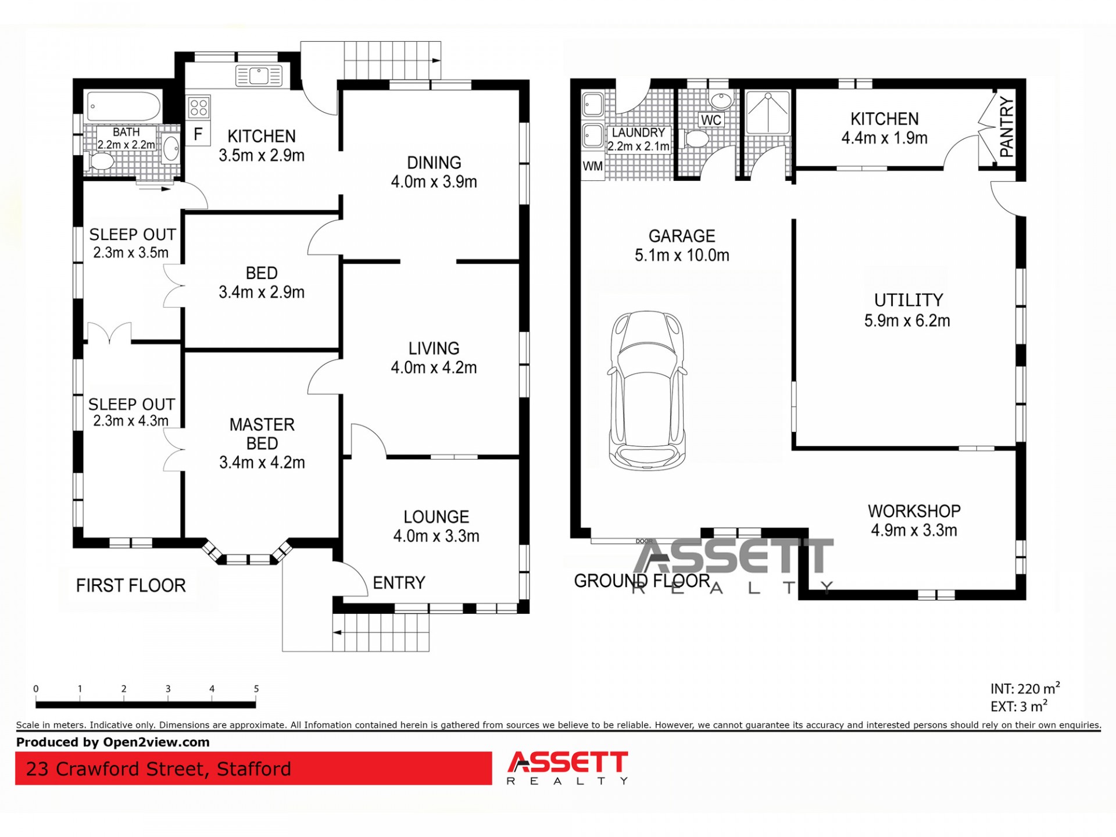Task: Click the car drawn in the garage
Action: (647, 390)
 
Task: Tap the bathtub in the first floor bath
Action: (124, 107)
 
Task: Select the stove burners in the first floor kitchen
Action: (199, 108)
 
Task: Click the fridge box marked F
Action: (198, 134)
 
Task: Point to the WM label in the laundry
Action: (592, 166)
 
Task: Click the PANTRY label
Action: (1007, 127)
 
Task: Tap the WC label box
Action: (711, 120)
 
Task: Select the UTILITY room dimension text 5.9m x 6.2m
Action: (907, 321)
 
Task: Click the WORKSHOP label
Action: (914, 511)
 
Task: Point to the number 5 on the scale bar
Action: (256, 689)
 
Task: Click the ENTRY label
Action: (399, 582)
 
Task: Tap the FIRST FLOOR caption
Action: (131, 585)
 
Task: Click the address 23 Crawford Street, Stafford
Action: (158, 769)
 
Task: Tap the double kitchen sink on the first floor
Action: (259, 76)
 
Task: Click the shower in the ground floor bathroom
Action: (768, 112)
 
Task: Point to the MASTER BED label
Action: (262, 434)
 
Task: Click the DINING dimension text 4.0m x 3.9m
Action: (434, 182)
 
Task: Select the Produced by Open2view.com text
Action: (113, 742)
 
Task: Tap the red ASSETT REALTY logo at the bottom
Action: (568, 768)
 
